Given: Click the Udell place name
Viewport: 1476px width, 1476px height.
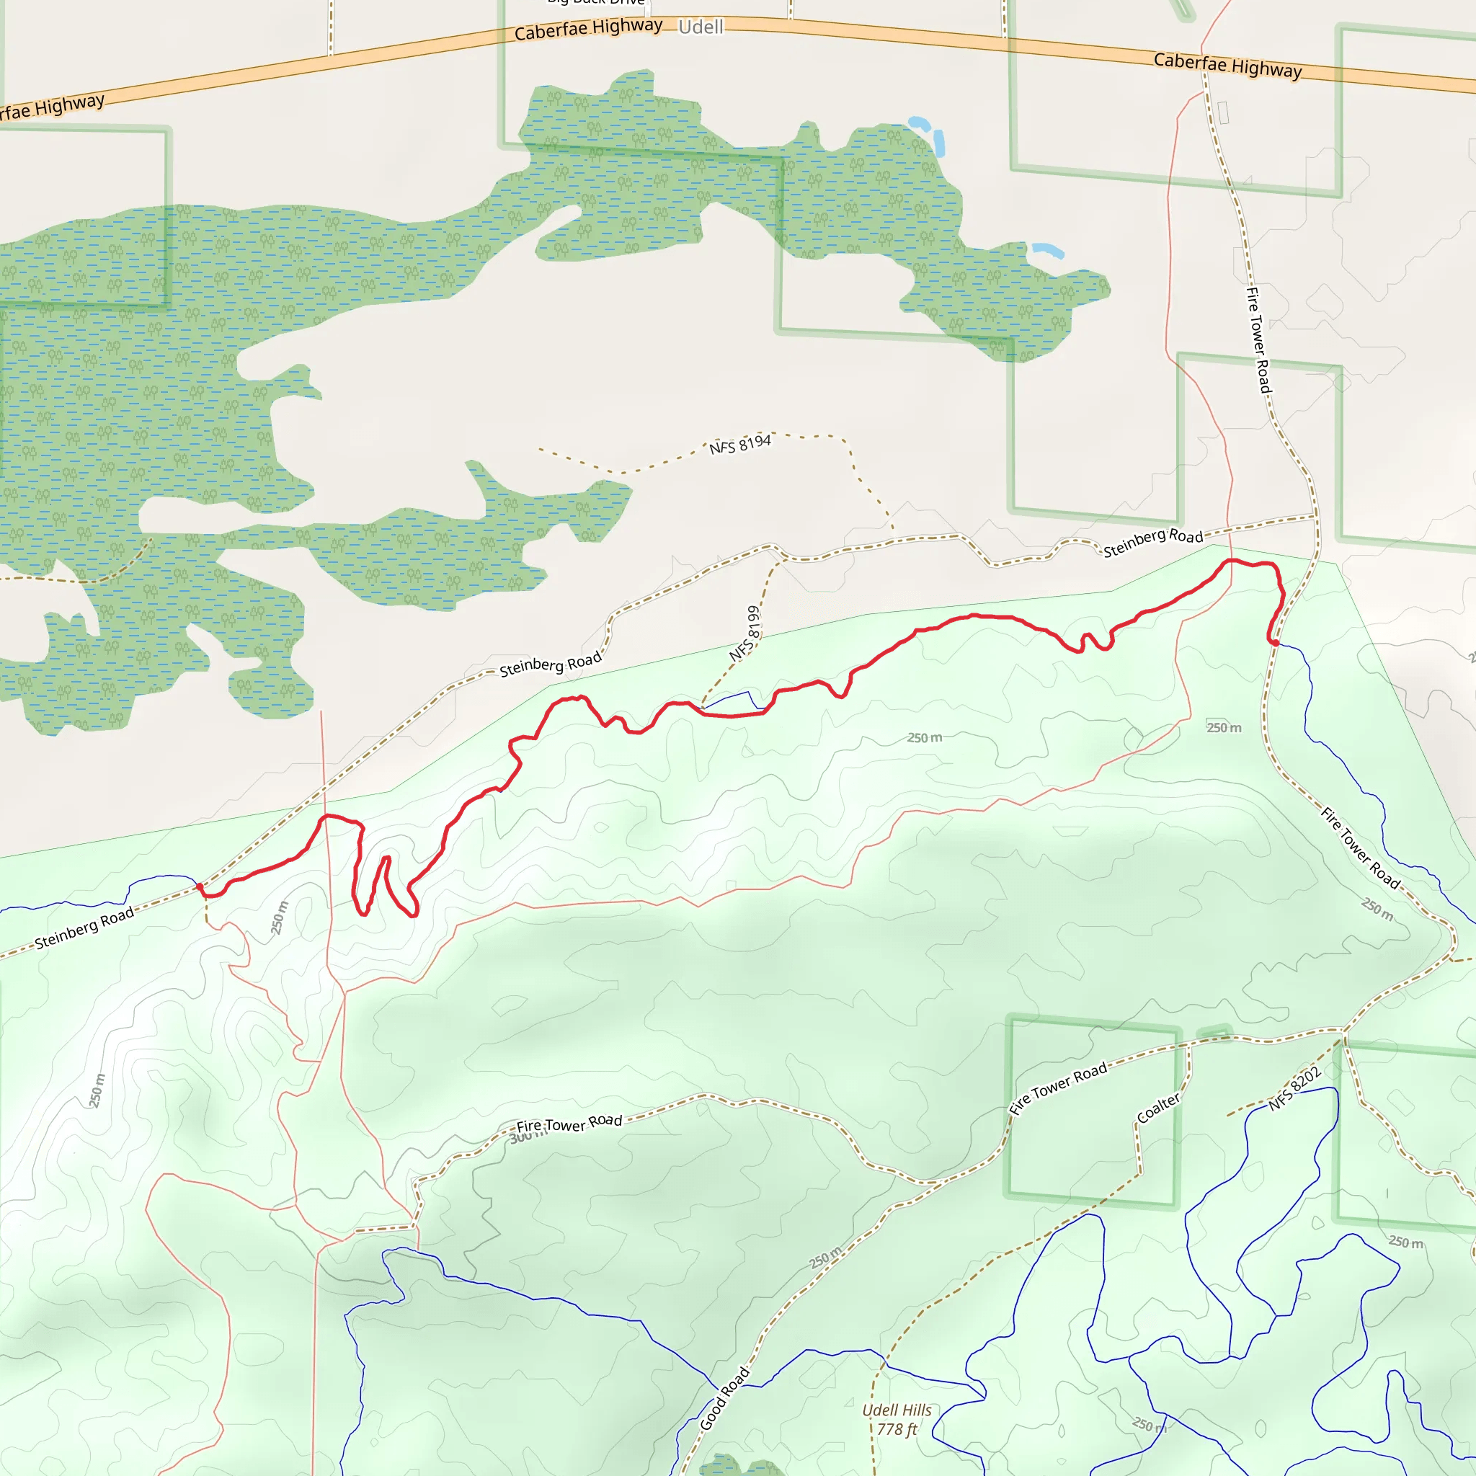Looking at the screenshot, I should pos(701,27).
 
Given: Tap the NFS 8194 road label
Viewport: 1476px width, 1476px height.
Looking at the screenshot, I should pos(739,444).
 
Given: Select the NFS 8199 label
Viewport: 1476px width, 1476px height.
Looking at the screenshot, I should pos(746,633).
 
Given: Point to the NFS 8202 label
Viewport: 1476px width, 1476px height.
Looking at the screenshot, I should pos(1295,1089).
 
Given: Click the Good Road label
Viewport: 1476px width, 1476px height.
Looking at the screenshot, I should pos(725,1399).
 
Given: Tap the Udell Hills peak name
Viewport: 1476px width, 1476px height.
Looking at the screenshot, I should pos(897,1410).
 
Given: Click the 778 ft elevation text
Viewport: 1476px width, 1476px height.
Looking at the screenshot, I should pos(897,1429).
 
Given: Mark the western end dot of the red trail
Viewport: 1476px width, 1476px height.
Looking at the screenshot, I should pos(200,886).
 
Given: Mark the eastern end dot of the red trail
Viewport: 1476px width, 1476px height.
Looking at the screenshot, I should pos(1275,642).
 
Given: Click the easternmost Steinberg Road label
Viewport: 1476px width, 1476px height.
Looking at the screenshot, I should pos(1153,543).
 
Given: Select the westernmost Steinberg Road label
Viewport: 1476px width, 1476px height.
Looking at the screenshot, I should pos(85,928).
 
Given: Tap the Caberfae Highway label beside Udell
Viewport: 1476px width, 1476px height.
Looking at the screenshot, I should pos(588,29).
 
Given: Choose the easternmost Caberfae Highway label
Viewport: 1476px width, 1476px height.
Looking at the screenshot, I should pos(1227,65).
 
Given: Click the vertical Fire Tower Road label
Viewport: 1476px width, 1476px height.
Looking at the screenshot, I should pos(1258,340).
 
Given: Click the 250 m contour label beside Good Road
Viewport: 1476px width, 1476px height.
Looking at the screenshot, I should pos(825,1257).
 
